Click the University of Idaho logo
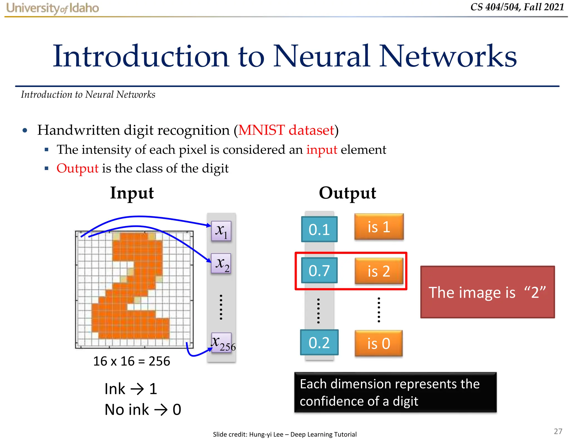click(x=52, y=8)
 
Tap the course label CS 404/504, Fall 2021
click(x=517, y=7)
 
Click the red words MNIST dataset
click(x=286, y=130)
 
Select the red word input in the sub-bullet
click(x=322, y=150)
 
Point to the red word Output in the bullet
click(x=77, y=168)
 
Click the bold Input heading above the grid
click(x=132, y=193)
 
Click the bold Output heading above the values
click(x=347, y=193)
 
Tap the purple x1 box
click(x=221, y=231)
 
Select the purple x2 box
click(x=221, y=263)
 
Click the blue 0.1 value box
click(x=319, y=229)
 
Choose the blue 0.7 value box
click(x=319, y=270)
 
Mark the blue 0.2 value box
click(x=319, y=343)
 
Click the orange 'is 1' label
click(x=379, y=227)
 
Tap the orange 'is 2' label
click(x=379, y=271)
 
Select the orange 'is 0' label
click(x=379, y=343)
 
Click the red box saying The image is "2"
click(x=487, y=292)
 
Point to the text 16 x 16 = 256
click(x=131, y=361)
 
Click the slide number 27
click(x=558, y=431)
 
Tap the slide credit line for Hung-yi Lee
click(x=284, y=434)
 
